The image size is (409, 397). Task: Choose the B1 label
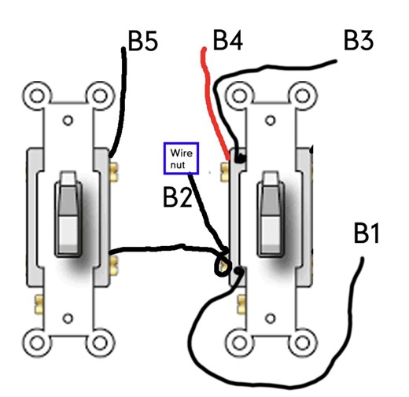pos(367,234)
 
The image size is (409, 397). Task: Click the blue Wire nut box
pos(181,158)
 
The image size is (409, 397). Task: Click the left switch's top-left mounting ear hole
pos(35,97)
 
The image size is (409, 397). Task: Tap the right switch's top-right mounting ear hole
pos(303,97)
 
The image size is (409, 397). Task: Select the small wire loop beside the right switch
pos(223,265)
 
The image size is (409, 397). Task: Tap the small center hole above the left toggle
pos(68,121)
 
